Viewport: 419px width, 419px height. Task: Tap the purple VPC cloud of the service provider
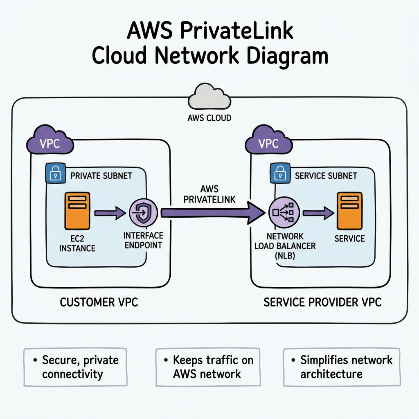(268, 143)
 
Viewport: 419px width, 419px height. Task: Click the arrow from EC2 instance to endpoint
(110, 213)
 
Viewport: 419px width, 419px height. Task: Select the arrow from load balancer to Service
(318, 213)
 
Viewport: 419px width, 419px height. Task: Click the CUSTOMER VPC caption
(99, 302)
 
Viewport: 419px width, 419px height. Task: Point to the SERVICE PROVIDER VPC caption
(322, 302)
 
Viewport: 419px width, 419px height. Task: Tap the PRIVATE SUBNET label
(101, 176)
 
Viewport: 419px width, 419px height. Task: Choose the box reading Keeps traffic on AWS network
(208, 367)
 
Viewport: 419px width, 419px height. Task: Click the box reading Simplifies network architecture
(342, 367)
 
